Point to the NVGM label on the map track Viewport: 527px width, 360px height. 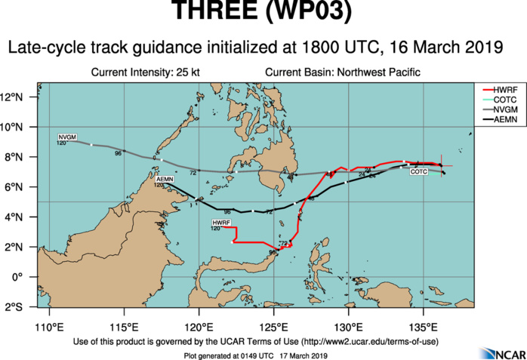coord(67,137)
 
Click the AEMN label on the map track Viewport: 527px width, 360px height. coord(165,179)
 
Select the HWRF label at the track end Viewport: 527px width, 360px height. coord(221,223)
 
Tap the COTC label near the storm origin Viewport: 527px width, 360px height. coord(419,172)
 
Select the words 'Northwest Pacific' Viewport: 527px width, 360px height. coord(378,72)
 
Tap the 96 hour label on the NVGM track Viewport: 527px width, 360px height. coord(118,154)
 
